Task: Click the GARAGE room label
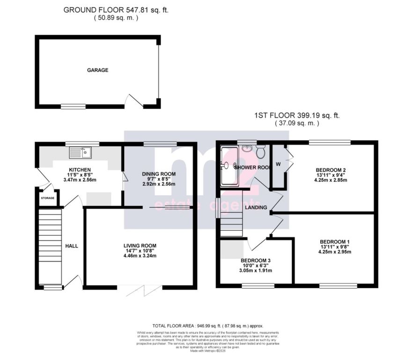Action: point(97,70)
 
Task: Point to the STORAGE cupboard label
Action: point(47,198)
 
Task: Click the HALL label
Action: point(72,246)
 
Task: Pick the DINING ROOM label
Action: point(159,174)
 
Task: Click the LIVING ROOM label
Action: point(140,246)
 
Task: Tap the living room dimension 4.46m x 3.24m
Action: point(140,256)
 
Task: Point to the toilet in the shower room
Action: point(261,151)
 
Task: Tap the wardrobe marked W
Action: point(279,164)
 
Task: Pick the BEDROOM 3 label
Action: point(255,261)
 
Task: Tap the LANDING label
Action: point(256,207)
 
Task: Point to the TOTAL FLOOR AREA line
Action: point(208,326)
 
